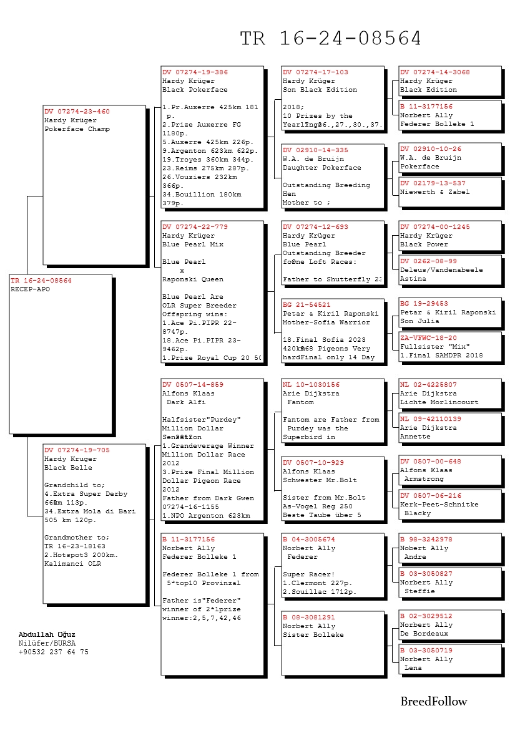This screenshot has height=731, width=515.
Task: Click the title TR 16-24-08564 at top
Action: tap(331, 39)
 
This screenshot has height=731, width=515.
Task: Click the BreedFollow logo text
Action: tap(433, 702)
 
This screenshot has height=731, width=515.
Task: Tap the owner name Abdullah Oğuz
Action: tap(47, 635)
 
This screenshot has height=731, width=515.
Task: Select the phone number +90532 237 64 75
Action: tap(53, 652)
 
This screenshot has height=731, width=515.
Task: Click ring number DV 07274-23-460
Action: tap(77, 112)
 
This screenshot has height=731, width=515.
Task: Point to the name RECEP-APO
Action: tap(30, 289)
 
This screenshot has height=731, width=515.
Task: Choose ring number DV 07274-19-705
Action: tap(77, 450)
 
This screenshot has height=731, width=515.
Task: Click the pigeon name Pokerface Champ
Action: tap(77, 129)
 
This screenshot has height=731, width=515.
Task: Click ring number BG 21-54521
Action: tap(307, 305)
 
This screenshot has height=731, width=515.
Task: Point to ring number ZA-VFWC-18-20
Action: tap(428, 338)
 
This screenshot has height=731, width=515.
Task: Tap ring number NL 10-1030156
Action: tap(311, 385)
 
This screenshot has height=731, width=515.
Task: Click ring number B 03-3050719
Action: tap(426, 651)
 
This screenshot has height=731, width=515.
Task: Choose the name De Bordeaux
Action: tap(424, 634)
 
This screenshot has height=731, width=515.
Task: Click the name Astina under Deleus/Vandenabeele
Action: tap(413, 279)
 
